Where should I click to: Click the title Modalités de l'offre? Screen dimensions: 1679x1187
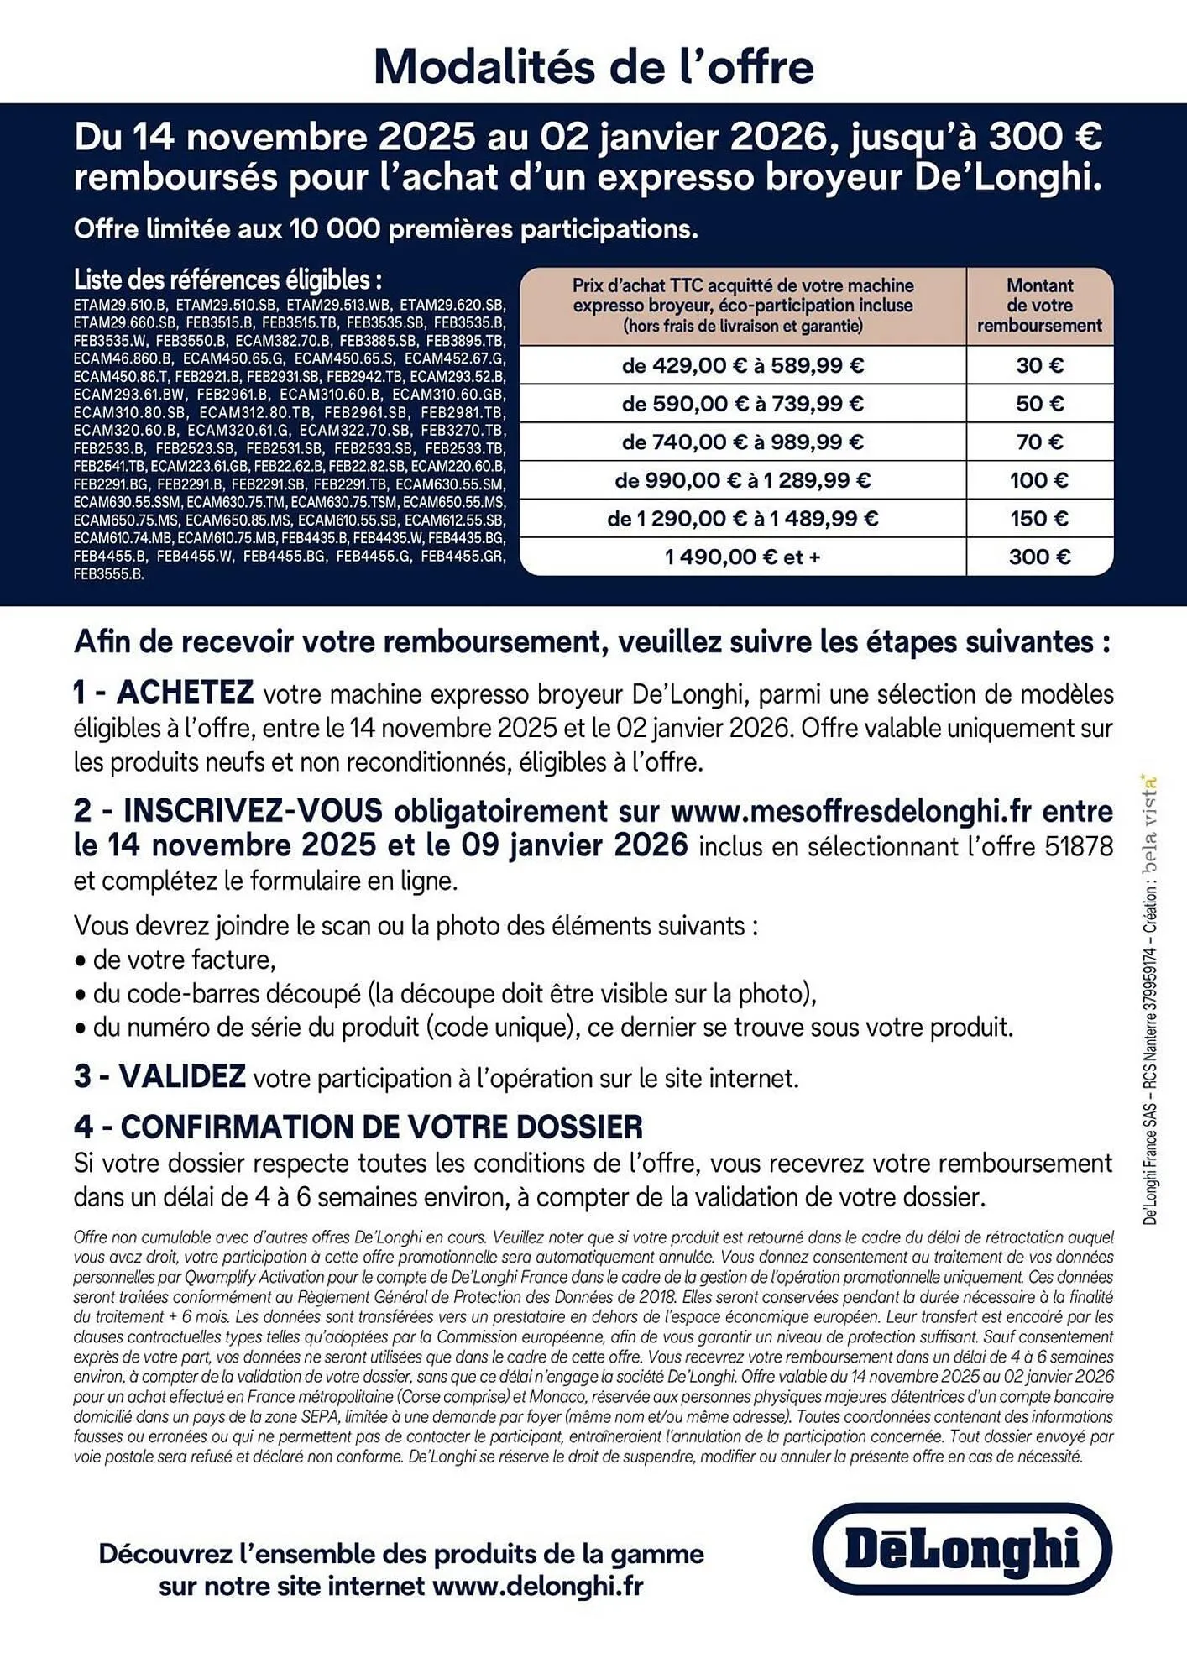pos(593,67)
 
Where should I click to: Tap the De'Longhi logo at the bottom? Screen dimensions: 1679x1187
pos(962,1549)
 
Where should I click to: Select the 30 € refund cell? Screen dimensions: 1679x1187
pos(1039,365)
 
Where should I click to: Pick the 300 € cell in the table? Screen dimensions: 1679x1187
pos(1039,557)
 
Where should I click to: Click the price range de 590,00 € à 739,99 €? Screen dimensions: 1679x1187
pos(742,404)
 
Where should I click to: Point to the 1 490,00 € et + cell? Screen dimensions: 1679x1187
pos(742,557)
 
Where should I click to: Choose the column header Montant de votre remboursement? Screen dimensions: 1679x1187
pos(1039,306)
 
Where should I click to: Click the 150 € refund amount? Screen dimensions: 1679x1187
pos(1039,519)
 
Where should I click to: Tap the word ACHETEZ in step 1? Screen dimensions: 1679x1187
pos(185,693)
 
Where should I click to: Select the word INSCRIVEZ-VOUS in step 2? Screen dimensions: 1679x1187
pos(253,811)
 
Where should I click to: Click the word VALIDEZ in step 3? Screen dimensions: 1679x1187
pos(182,1076)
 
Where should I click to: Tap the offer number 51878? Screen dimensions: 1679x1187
pos(1079,846)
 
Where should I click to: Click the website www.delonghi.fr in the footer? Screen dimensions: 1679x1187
pos(537,1587)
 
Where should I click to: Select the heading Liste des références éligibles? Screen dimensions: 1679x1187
pos(227,280)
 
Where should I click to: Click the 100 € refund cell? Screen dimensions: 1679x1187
pos(1039,480)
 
